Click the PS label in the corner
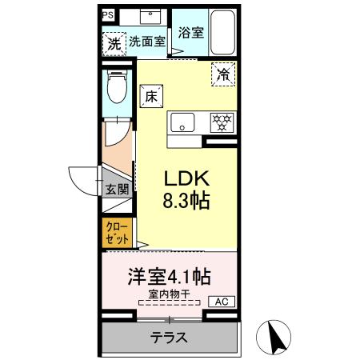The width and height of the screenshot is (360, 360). click(108, 14)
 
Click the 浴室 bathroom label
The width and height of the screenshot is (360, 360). click(190, 34)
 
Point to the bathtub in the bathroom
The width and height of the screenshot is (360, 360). click(222, 32)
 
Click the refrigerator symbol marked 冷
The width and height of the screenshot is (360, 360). click(224, 75)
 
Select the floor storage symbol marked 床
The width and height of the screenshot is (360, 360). click(150, 96)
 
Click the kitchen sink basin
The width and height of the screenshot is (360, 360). click(183, 122)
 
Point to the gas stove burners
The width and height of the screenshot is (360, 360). click(222, 122)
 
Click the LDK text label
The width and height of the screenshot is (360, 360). click(187, 177)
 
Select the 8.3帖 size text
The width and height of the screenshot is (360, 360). click(187, 201)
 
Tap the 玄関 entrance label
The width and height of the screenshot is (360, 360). click(117, 189)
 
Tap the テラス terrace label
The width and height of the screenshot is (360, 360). click(170, 338)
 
